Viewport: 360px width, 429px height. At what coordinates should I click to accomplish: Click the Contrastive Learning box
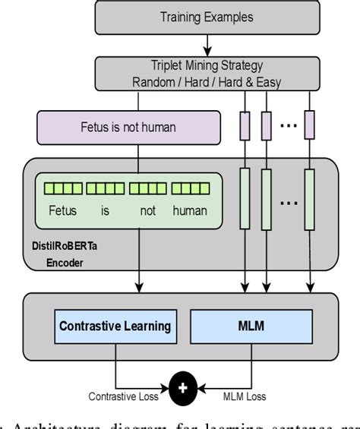click(x=115, y=327)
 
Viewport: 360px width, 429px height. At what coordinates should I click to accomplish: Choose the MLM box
click(x=251, y=327)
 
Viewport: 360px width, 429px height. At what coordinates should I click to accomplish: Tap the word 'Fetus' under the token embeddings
click(x=62, y=211)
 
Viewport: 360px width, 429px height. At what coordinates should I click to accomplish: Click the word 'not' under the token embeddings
click(x=147, y=211)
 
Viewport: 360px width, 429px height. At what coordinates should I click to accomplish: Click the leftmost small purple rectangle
click(x=244, y=125)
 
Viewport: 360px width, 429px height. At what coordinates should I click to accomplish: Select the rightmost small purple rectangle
click(x=310, y=125)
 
